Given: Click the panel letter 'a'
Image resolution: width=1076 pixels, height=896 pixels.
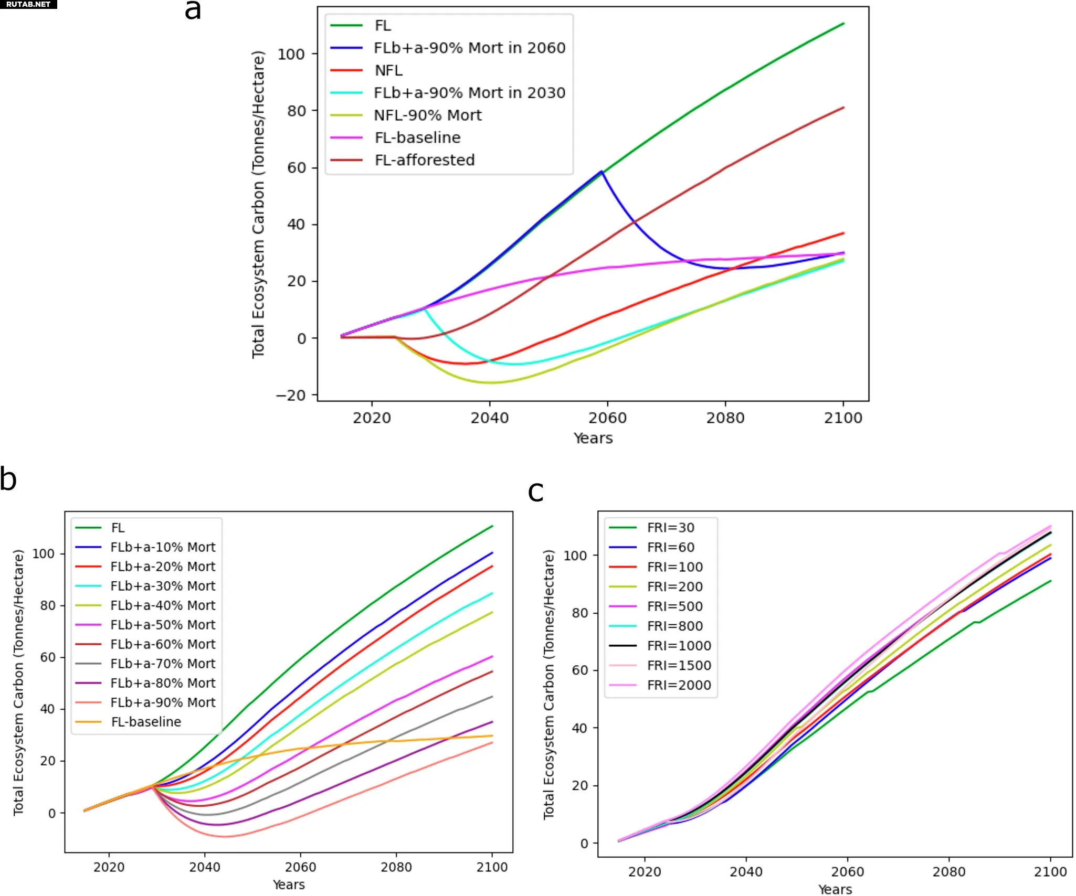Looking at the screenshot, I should (193, 10).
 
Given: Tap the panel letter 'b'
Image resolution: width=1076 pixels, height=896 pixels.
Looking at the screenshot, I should (8, 479).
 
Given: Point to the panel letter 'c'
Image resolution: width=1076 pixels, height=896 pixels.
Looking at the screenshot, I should (535, 492).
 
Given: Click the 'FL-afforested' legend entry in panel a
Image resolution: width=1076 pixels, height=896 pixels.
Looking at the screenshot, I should (424, 160).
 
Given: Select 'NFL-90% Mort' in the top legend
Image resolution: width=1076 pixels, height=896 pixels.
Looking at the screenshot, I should (427, 115).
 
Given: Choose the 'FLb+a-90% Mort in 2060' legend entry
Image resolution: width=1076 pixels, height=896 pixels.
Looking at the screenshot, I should (469, 48).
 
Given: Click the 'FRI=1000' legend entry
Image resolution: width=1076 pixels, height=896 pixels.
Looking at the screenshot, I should (679, 646).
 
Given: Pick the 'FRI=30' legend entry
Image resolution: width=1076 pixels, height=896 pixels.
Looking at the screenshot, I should (670, 528).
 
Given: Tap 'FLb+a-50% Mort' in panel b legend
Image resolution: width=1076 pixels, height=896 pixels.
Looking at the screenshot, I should (163, 625).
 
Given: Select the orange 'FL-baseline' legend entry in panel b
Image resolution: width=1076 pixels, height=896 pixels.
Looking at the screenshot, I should (146, 722).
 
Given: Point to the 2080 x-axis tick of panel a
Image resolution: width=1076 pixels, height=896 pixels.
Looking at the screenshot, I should (725, 418).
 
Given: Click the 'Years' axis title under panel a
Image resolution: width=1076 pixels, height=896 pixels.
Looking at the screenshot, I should (593, 438).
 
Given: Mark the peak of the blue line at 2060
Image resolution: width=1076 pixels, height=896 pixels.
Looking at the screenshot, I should (602, 171).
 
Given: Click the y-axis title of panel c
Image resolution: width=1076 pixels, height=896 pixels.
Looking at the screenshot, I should (548, 684).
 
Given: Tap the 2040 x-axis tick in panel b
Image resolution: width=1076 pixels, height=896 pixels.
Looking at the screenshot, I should (205, 867).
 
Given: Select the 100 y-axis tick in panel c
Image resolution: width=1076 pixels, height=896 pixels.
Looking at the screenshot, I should (575, 556).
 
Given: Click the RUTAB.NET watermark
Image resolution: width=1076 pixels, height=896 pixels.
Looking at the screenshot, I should (28, 4).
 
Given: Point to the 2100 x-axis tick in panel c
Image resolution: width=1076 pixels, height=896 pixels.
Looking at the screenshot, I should (1050, 872).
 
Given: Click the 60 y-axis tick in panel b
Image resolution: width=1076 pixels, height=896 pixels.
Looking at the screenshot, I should (48, 657).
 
